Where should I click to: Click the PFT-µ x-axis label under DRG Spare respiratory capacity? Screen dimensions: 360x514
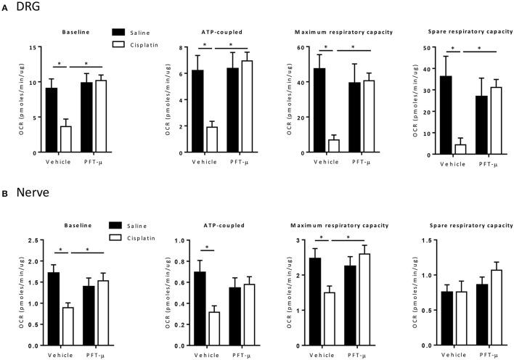point(488,161)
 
